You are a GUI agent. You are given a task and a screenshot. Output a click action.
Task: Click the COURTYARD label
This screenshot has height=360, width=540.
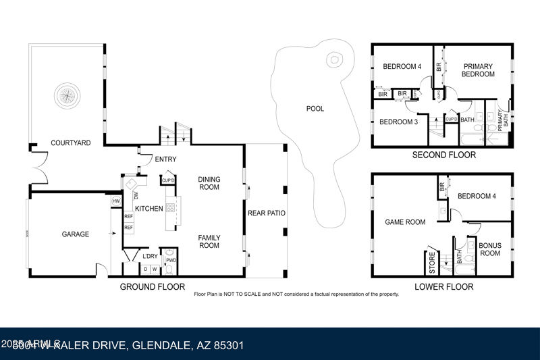(x=71, y=143)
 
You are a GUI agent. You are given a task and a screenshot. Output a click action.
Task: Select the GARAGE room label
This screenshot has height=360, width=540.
(x=76, y=234)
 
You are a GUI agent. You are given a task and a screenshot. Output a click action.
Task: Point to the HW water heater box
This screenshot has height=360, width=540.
(x=115, y=201)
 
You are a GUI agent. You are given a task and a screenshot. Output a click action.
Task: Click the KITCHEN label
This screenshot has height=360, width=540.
(x=149, y=209)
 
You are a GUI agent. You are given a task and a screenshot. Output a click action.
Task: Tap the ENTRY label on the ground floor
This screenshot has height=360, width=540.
(x=165, y=159)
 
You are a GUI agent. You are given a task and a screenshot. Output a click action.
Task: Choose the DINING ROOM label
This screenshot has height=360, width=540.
(x=209, y=183)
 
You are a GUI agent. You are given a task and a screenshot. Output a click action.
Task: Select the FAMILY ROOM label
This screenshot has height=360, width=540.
(x=209, y=241)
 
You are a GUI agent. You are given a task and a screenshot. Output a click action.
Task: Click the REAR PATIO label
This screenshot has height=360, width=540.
(x=266, y=213)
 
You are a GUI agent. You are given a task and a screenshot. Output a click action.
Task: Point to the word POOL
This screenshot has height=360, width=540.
(x=315, y=109)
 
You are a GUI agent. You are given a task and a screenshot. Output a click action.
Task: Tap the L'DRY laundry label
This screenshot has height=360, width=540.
(x=150, y=256)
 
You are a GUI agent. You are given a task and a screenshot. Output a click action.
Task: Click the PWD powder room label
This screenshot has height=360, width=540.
(x=171, y=260)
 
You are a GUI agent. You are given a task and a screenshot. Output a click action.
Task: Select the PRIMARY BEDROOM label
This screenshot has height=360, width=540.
(x=478, y=70)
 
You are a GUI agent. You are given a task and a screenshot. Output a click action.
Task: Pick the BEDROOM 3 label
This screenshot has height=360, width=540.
(x=398, y=122)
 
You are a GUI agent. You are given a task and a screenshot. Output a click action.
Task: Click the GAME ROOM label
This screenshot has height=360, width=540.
(x=405, y=222)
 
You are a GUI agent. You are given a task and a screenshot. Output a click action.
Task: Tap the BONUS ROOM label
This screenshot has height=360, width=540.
(x=489, y=249)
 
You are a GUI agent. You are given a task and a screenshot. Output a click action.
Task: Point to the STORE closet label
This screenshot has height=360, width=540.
(x=433, y=262)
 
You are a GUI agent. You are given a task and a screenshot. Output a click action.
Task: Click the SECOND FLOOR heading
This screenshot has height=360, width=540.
(x=444, y=155)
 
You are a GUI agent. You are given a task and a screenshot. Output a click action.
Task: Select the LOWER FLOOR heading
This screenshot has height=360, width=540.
(x=443, y=287)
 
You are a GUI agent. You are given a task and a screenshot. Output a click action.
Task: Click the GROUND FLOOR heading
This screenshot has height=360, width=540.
(x=153, y=287)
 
